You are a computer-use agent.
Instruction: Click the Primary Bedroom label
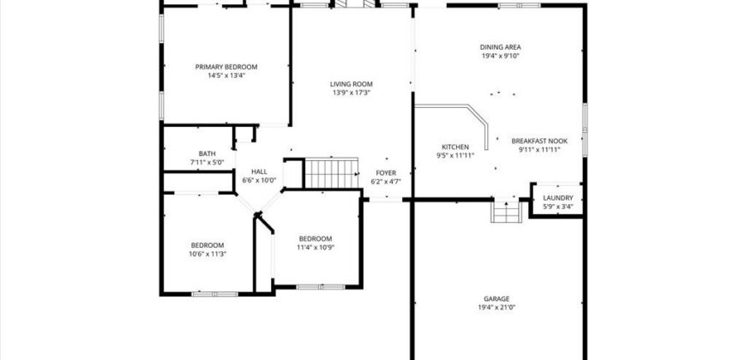pos(226,67)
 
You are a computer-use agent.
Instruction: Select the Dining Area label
pos(501,47)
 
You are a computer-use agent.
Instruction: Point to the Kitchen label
pos(454,147)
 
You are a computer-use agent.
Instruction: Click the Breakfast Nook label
pos(539,141)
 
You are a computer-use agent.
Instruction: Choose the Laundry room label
pos(557,198)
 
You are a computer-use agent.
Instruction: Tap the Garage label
pos(496,298)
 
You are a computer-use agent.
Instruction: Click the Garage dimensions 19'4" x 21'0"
pos(496,308)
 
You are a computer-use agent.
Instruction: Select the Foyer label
pos(385,172)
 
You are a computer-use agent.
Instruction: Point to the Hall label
pos(259,171)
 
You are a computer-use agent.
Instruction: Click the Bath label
pos(207,153)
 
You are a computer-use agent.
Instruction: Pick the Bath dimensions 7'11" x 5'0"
pos(207,162)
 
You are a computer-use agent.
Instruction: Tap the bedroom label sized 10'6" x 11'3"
pos(207,244)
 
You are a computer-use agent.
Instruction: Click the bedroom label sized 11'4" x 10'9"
pos(315,238)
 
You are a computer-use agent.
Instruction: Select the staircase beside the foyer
pos(331,172)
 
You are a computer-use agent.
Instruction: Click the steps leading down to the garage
pos(506,211)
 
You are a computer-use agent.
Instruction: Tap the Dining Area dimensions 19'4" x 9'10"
pos(501,57)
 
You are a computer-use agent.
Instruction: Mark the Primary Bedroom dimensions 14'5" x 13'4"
pos(226,75)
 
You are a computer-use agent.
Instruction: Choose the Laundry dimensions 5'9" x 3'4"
pos(557,207)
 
